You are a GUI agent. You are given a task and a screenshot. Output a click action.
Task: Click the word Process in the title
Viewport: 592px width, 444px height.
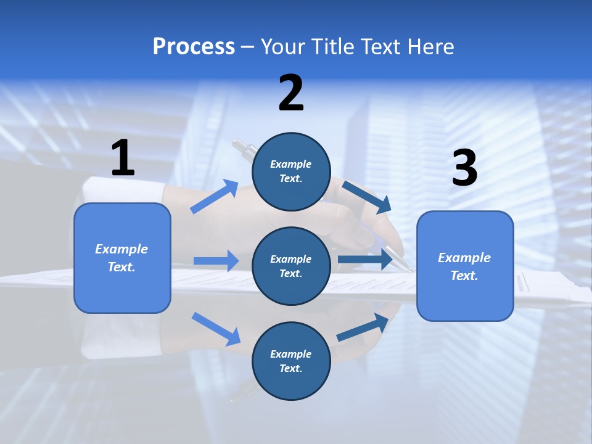pos(194,47)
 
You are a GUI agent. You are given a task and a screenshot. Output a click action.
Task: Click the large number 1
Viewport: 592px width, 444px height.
pos(123,158)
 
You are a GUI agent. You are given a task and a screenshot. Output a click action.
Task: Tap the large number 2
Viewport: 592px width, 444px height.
pos(291,93)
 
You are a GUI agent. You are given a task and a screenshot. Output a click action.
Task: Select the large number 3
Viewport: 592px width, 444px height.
pos(464,168)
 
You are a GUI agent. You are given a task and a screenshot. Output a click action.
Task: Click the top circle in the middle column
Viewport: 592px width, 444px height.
pos(291,171)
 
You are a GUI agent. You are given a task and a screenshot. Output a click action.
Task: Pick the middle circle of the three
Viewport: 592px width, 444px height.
pos(291,266)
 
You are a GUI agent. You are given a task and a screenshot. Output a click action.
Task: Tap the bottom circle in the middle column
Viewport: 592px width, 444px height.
pos(291,361)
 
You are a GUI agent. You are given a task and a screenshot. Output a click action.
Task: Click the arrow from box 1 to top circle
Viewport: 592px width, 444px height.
pos(215,197)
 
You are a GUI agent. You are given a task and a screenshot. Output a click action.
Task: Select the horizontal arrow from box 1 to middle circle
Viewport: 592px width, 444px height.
pos(216,261)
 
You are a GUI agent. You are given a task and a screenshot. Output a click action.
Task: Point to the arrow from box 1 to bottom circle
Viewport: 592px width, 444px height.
pos(216,329)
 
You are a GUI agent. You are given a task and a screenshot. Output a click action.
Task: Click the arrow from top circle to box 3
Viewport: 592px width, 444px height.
pos(367,197)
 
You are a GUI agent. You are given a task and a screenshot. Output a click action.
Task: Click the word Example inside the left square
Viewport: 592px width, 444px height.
pos(121,249)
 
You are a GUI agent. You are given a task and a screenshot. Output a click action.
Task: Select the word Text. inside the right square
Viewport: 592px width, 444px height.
pos(464,276)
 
